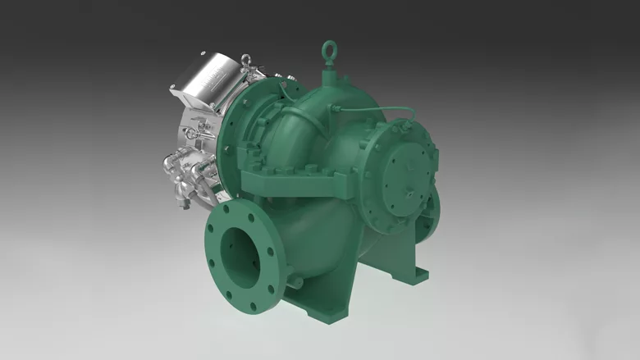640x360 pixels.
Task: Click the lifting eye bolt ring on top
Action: [330, 47]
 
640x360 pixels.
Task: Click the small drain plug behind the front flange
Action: [293, 282]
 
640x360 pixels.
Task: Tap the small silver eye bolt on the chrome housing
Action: [245, 60]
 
